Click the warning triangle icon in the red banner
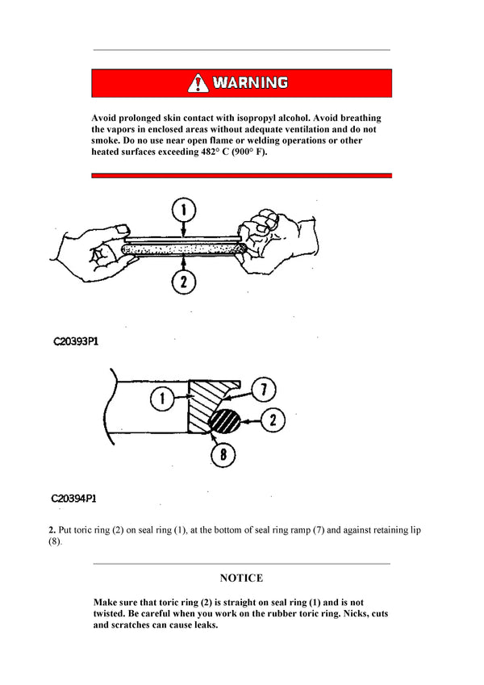coord(198,82)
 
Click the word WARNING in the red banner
coord(250,82)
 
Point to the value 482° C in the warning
coord(217,152)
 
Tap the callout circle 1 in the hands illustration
coord(184,211)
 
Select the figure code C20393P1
coord(76,341)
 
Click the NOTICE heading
coord(241,578)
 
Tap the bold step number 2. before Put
coord(52,529)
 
